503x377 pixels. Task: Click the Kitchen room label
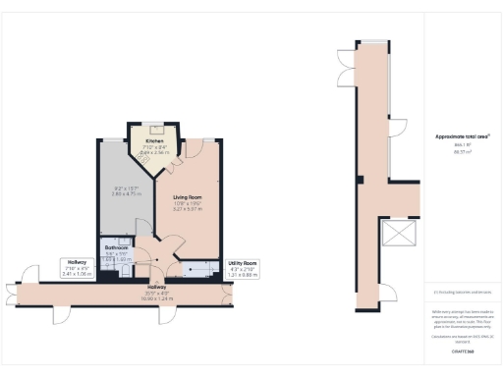(157, 140)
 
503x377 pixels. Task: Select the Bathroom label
(117, 248)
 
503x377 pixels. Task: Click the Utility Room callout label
(242, 263)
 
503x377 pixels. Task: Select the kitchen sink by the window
(157, 128)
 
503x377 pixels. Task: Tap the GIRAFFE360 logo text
(462, 350)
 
